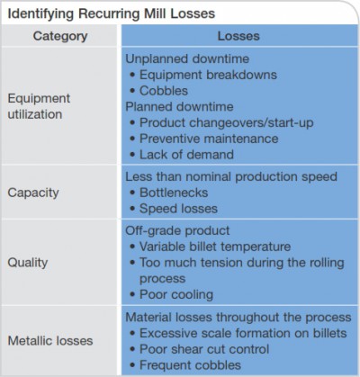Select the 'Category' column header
tap(60, 37)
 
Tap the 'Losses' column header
tap(238, 37)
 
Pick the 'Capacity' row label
tap(35, 192)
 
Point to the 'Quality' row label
tap(30, 264)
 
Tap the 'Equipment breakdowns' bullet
tap(207, 74)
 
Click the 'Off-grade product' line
tap(176, 231)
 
